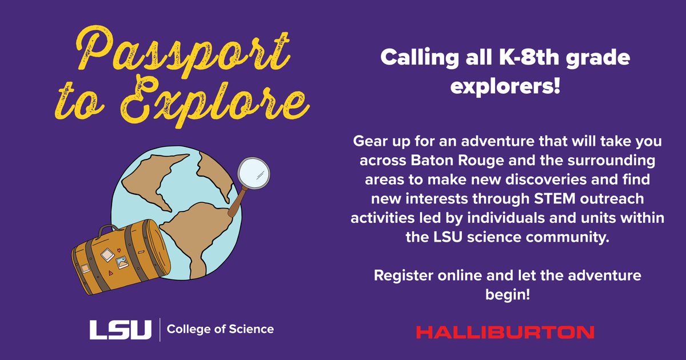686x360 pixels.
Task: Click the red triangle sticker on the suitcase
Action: [x=104, y=273]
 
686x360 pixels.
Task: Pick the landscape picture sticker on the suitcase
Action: [x=122, y=262]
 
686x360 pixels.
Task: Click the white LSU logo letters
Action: [x=121, y=329]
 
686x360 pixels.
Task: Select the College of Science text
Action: [x=220, y=329]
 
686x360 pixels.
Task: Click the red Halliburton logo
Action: [x=505, y=332]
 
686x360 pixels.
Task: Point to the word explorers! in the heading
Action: [x=505, y=87]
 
